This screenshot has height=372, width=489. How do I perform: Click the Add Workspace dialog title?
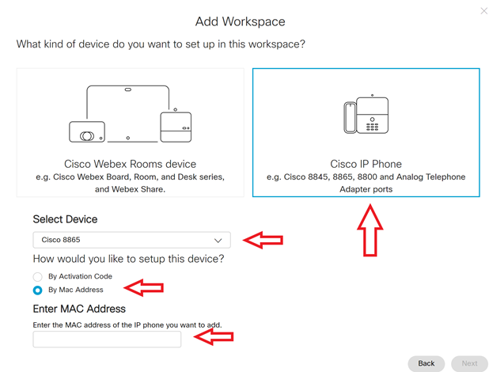[240, 21]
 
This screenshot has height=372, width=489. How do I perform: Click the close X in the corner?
[484, 11]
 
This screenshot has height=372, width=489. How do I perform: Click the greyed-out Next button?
[469, 363]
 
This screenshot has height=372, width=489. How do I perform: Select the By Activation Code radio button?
[37, 277]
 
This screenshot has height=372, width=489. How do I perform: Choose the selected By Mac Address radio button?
[37, 290]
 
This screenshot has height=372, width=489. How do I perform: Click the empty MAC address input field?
[107, 340]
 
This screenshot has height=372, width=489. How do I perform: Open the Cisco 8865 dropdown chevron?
[218, 240]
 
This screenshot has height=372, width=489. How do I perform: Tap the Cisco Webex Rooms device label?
[130, 164]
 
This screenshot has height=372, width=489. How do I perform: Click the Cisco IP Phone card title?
[366, 164]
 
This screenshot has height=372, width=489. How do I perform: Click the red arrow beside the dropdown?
[263, 240]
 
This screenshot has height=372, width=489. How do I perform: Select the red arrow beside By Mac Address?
[144, 287]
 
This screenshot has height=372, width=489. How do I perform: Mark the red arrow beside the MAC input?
[214, 338]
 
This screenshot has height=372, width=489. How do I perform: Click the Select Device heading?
[65, 219]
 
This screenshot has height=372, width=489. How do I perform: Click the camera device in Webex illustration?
[87, 132]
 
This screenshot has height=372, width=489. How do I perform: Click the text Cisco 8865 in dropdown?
[61, 240]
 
